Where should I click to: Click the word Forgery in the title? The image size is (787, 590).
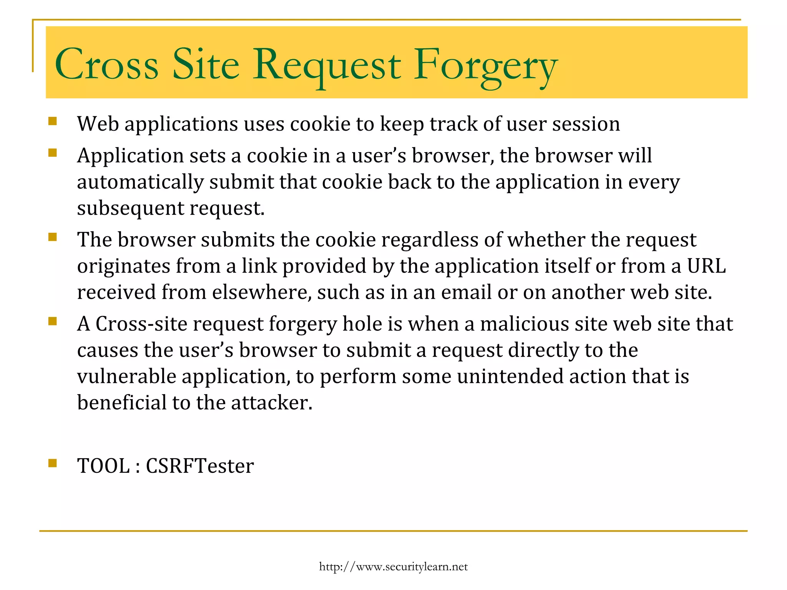(x=485, y=65)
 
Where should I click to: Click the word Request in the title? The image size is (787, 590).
(x=327, y=65)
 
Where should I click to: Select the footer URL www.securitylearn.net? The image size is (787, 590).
(x=393, y=567)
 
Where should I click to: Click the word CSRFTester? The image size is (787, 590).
(x=200, y=466)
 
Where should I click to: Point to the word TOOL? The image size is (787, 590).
(x=103, y=466)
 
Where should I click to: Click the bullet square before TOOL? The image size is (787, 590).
(x=53, y=463)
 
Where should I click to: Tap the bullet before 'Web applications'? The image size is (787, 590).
(x=53, y=121)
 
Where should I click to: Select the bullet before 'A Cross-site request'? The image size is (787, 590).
(x=53, y=321)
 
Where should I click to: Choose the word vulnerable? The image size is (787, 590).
(x=126, y=376)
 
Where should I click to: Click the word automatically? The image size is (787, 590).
(x=140, y=182)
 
